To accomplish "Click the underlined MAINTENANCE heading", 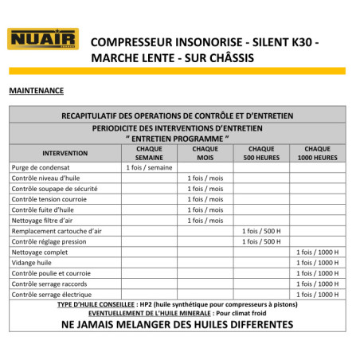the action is [x=36, y=91].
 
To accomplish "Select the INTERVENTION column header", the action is [x=65, y=152].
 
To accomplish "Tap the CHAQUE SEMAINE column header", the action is [x=149, y=152].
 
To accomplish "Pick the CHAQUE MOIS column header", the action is [x=205, y=152].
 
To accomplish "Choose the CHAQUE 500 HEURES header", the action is [x=261, y=152].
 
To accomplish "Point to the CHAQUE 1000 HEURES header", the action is [x=317, y=152].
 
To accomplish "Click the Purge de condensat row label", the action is [x=41, y=167].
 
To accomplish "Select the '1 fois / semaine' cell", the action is [x=149, y=167].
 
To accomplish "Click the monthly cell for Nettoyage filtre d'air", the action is [x=205, y=220].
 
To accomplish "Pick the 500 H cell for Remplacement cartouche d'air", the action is [x=261, y=231].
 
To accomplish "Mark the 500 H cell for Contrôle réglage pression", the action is [x=261, y=241].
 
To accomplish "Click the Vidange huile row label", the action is [x=33, y=263].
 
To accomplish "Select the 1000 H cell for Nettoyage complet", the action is [x=317, y=252].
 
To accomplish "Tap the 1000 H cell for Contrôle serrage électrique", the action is [x=317, y=294].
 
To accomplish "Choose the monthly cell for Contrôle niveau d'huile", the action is [x=205, y=178].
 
